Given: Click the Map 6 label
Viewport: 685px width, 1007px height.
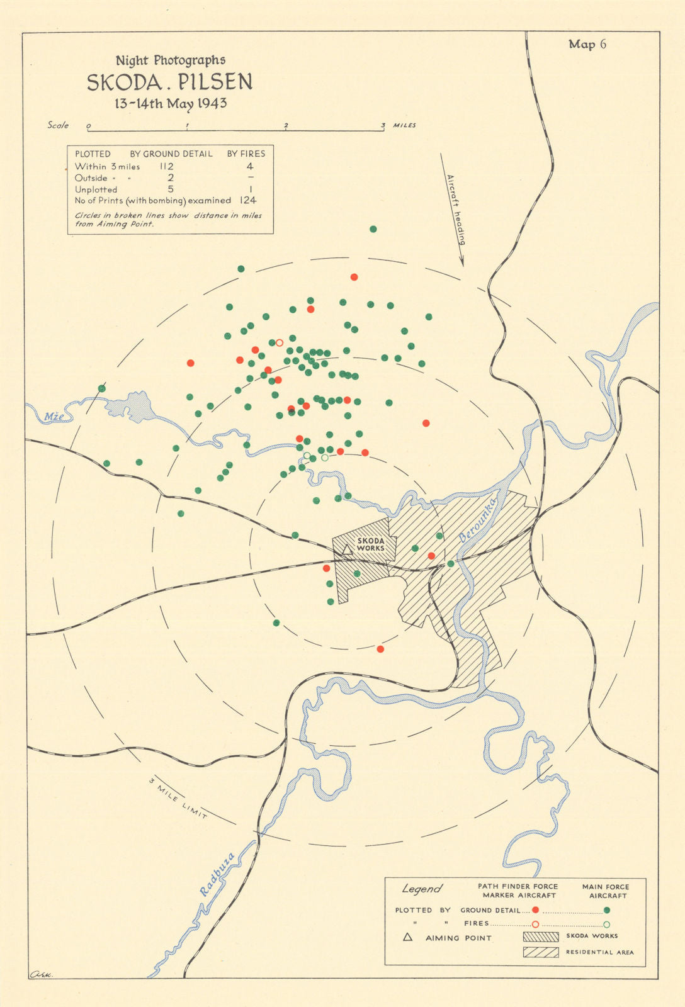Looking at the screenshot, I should [x=587, y=44].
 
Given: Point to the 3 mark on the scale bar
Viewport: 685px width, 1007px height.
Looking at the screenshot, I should [x=383, y=126].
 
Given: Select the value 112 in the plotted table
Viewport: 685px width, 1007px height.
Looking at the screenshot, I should [x=166, y=167].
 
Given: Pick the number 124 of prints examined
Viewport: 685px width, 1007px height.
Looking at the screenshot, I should [x=247, y=200].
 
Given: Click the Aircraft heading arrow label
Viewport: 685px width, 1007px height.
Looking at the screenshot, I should [x=456, y=209].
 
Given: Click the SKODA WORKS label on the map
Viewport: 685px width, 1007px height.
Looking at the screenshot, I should [x=370, y=544].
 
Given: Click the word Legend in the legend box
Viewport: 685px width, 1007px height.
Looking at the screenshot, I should [x=422, y=889].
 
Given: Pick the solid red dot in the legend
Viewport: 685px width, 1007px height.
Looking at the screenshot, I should [x=535, y=910].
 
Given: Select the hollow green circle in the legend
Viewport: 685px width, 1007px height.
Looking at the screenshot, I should [x=606, y=924].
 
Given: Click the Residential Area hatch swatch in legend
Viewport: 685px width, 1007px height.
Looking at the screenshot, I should [x=541, y=952].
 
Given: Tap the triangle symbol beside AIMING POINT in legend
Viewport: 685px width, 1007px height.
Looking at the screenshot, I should [x=407, y=937].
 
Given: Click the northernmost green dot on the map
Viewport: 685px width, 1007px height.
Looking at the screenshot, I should [x=373, y=229].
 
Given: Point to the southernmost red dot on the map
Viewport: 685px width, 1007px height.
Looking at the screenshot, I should [x=380, y=649].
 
